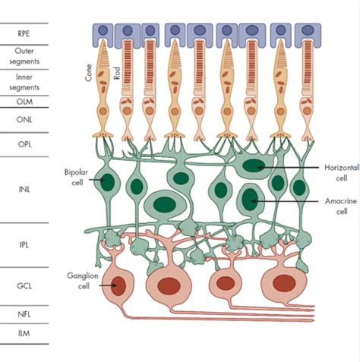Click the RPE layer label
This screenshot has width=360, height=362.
click(x=24, y=33)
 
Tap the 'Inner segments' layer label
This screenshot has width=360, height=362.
click(x=24, y=80)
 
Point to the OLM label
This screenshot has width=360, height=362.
click(x=24, y=100)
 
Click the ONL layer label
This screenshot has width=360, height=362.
click(x=24, y=118)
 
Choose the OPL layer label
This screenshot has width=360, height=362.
click(x=24, y=143)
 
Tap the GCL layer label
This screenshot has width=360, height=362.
click(x=24, y=286)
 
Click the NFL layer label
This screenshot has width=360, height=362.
click(x=24, y=313)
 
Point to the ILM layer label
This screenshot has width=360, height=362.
click(x=24, y=332)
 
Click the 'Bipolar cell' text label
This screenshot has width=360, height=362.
click(x=77, y=178)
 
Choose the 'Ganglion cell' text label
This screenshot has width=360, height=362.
click(x=77, y=276)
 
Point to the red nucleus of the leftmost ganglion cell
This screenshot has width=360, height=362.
click(x=119, y=286)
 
